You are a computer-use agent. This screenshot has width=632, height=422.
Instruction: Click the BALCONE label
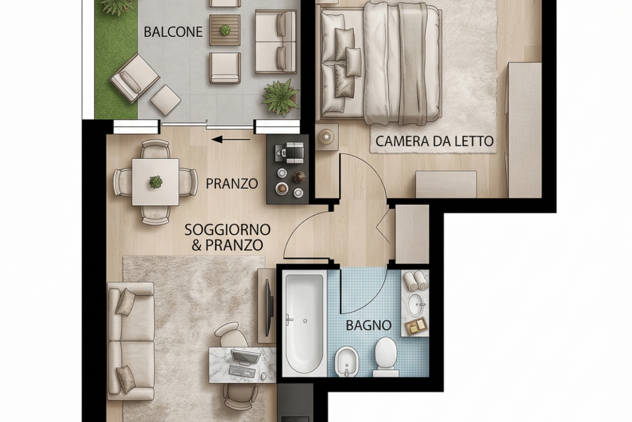(173, 32)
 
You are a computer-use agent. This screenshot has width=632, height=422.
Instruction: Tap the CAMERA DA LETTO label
(434, 141)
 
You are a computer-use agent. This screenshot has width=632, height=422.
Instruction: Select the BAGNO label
(369, 325)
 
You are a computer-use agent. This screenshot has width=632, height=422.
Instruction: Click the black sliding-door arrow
(231, 139)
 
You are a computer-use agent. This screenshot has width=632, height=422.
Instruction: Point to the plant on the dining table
(155, 182)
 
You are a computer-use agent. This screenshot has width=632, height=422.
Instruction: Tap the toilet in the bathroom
(385, 357)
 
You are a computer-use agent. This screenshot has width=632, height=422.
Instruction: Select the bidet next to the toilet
(347, 362)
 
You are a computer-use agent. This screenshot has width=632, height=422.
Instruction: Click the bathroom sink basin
(416, 304)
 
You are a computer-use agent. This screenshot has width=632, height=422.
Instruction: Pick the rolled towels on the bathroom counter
(416, 281)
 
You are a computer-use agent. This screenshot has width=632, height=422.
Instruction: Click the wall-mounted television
(270, 308)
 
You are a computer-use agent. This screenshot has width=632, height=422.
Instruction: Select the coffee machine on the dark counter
(290, 152)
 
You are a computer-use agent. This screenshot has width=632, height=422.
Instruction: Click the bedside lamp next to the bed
(327, 136)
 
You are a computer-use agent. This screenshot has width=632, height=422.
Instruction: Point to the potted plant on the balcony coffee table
(225, 29)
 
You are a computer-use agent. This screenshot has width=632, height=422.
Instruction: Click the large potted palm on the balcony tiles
(280, 97)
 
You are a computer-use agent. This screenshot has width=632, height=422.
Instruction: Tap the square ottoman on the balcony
(165, 100)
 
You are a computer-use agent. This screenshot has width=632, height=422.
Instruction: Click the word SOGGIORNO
(227, 230)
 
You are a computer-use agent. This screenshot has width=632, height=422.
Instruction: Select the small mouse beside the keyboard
(263, 376)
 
